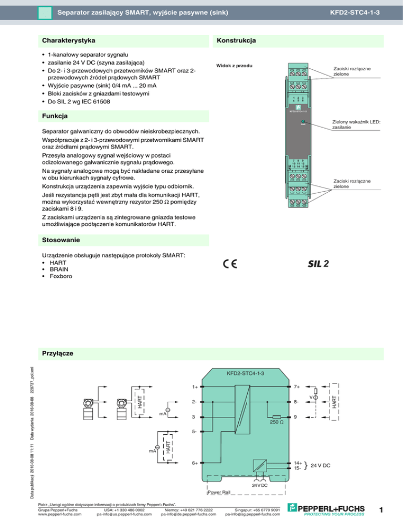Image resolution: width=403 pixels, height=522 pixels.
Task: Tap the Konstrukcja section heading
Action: [x=235, y=40]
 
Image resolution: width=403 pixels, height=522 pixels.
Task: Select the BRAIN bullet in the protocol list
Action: [x=59, y=269]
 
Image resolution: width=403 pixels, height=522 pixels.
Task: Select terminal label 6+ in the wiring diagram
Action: [x=195, y=463]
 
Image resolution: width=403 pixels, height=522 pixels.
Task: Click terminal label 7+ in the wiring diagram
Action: [x=298, y=388]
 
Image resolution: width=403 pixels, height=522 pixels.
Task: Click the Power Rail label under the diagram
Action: [x=219, y=493]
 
